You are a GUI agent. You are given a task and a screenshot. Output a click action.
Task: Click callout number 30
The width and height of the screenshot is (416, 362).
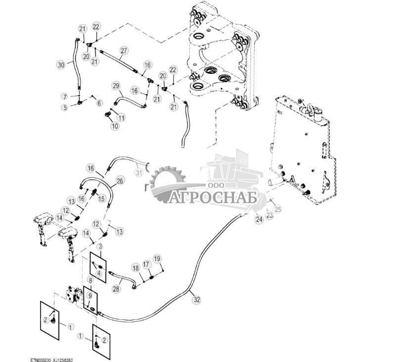click(61, 65)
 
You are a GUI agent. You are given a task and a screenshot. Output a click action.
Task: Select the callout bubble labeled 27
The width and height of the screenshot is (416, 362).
click(124, 51)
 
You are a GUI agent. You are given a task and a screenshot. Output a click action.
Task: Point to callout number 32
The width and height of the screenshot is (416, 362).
click(196, 299)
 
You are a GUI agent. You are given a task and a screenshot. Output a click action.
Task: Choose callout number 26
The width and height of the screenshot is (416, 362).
click(120, 181)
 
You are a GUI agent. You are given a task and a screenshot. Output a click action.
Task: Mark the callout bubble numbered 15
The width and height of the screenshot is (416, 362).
click(101, 199)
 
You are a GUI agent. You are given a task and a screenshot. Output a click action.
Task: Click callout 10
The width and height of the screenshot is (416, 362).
click(114, 126)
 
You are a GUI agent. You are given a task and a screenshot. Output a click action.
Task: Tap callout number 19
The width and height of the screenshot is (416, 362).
click(157, 259)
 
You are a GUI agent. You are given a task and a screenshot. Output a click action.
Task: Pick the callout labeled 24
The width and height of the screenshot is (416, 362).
click(259, 219)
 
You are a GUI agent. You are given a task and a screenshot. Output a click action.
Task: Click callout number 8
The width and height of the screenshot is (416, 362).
click(90, 280)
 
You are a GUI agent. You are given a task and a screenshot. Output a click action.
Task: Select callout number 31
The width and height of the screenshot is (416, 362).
click(139, 172)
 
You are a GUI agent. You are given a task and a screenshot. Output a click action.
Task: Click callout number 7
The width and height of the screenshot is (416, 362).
click(64, 96)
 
